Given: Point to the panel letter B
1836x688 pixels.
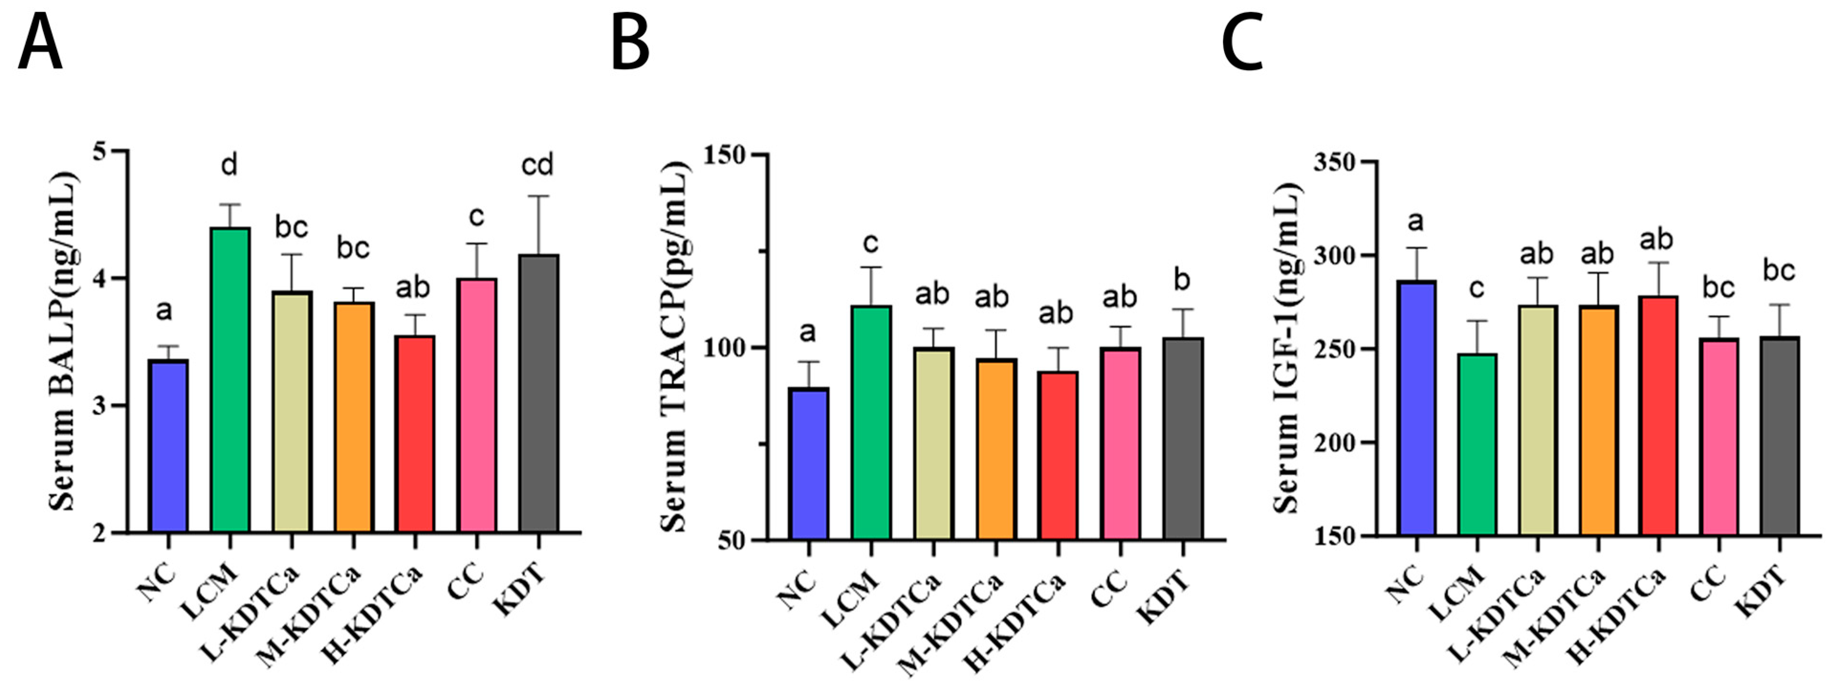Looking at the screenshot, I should coord(630,43).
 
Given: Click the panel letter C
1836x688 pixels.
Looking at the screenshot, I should coord(1242,43).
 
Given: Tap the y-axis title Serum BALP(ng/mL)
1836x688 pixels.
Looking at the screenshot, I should coord(64,342).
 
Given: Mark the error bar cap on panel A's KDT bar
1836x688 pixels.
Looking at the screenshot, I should coord(538,196).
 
